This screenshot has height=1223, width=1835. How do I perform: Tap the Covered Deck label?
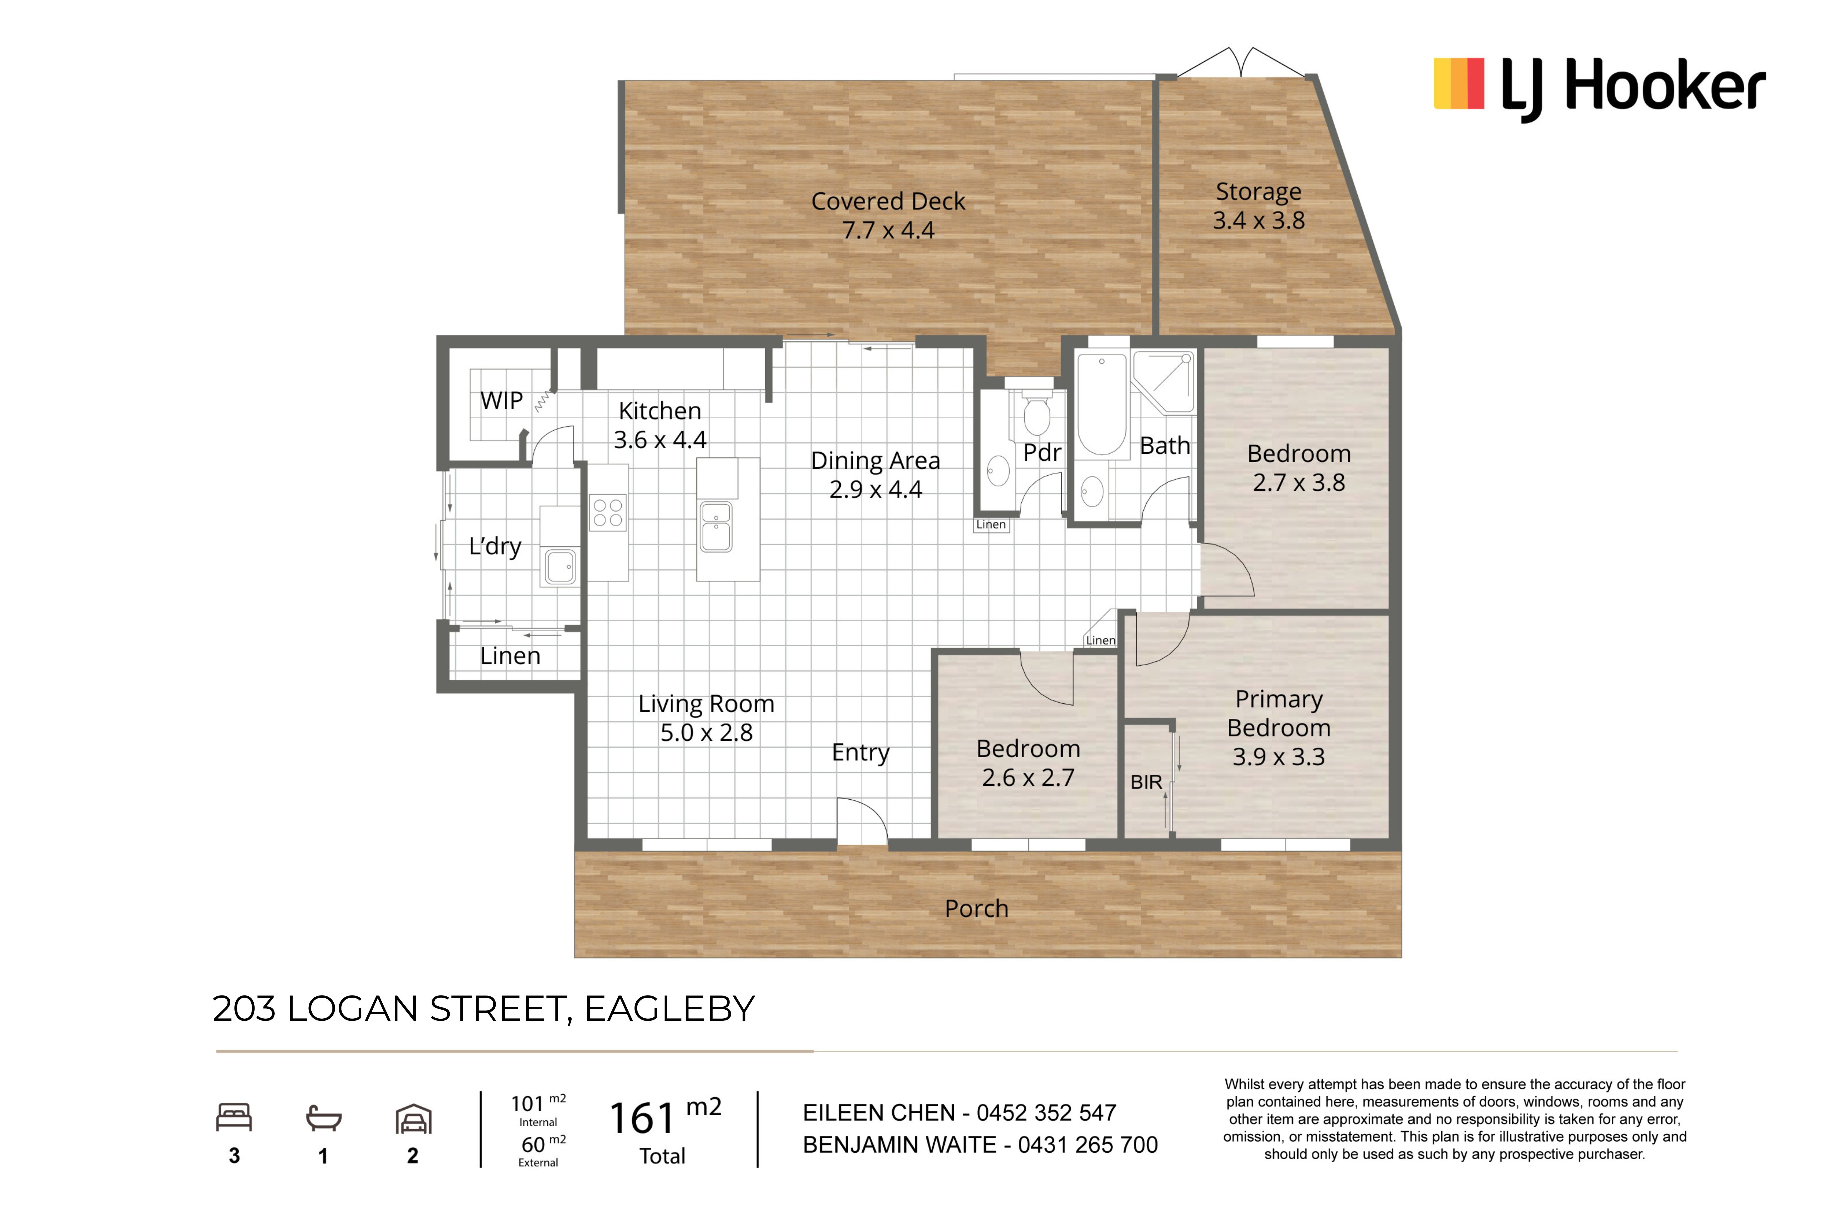888,201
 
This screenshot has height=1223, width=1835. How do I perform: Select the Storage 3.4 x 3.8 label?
1259,206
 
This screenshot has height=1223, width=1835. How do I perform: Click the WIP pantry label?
501,401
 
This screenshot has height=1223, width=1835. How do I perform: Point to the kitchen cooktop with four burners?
608,512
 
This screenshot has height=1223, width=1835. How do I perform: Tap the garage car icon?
414,1119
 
